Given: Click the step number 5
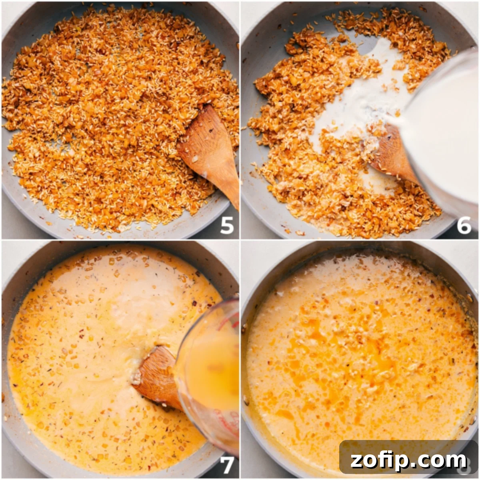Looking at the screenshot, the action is pyautogui.click(x=226, y=225).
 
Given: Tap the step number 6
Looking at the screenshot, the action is pyautogui.click(x=464, y=225).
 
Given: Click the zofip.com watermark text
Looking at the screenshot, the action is pyautogui.click(x=408, y=460).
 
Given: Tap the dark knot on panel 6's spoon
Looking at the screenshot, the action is pyautogui.click(x=389, y=137).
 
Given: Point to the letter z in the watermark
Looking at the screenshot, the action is pyautogui.click(x=356, y=461).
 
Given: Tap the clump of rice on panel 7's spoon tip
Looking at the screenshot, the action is pyautogui.click(x=136, y=379).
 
